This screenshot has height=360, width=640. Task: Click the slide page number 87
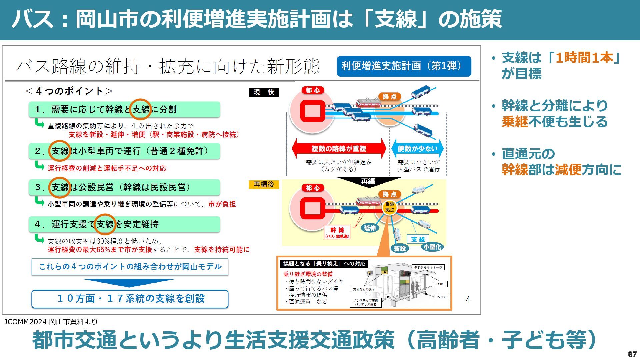coord(632,354)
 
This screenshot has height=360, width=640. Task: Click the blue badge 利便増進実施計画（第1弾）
coord(404,66)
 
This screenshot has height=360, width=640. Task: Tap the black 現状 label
coord(264,92)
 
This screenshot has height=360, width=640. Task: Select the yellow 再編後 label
coord(264,184)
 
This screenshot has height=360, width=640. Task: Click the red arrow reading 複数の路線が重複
coord(339,149)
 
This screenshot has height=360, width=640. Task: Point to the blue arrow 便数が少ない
coord(417,149)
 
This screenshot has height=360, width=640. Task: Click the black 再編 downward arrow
coord(368,182)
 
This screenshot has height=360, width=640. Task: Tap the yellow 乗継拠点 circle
coord(389,207)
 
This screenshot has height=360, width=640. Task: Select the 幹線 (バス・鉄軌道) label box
coord(337,232)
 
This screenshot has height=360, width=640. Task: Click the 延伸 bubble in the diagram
coord(370,228)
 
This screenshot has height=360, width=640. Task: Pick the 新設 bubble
coord(400,248)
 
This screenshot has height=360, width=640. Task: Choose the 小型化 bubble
coord(432,247)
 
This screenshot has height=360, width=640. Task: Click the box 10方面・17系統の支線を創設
coord(130,299)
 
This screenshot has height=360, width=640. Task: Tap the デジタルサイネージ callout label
coord(428,267)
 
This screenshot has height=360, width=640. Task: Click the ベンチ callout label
coord(441,297)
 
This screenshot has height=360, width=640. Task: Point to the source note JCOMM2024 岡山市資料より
coord(51,322)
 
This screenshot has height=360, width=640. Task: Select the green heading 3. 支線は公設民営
coord(124,187)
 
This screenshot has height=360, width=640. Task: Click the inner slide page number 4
coord(468,300)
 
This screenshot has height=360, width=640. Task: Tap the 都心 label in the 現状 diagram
coord(313,90)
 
